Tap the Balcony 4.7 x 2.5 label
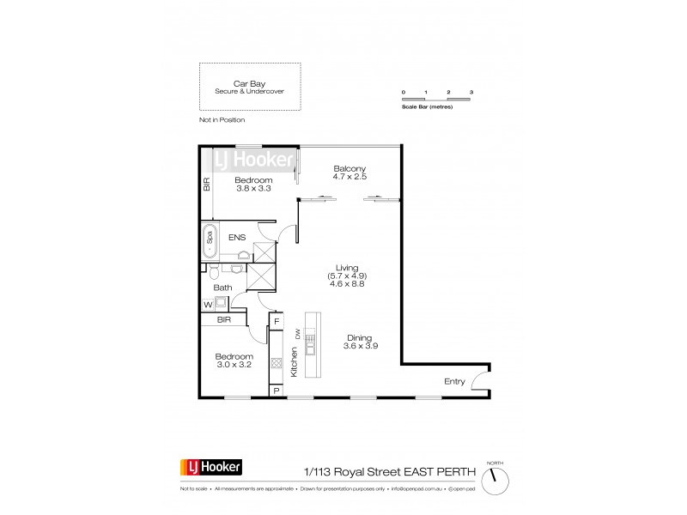click(x=350, y=173)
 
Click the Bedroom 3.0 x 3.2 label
click(x=234, y=360)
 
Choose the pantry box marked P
click(x=276, y=390)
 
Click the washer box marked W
click(x=208, y=305)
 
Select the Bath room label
click(x=223, y=288)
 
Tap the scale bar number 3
click(x=471, y=91)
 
